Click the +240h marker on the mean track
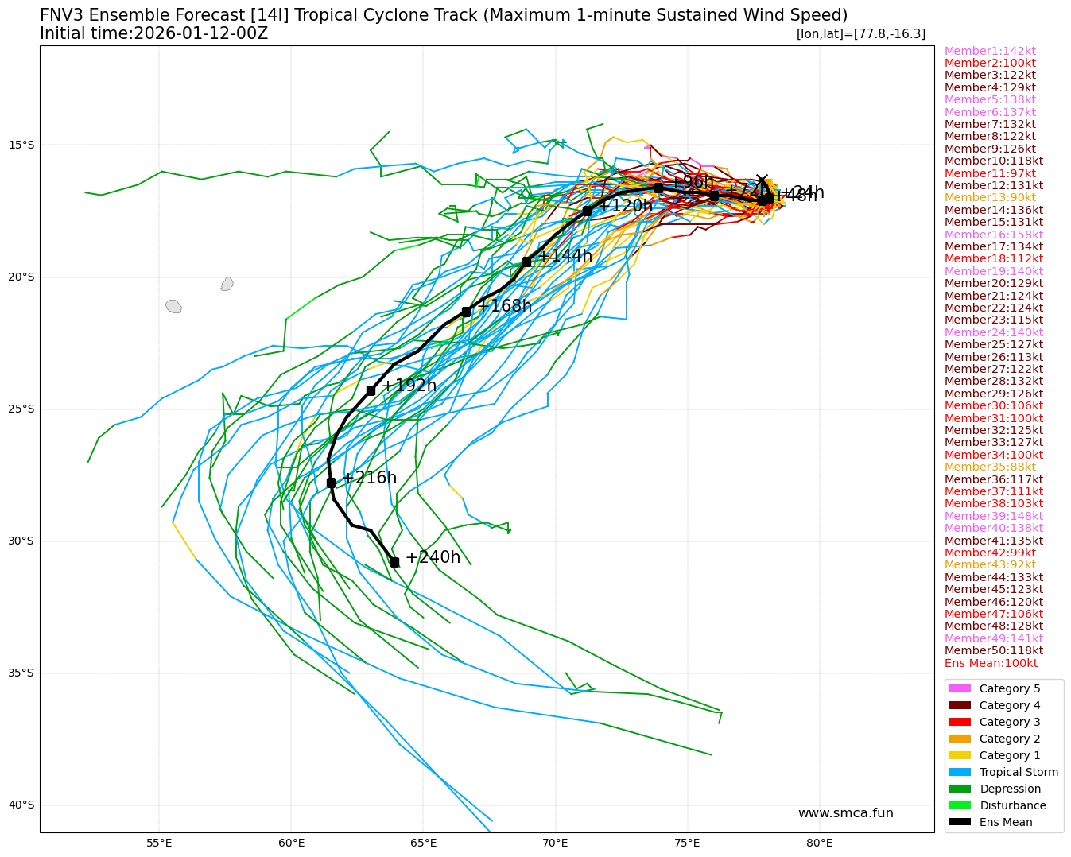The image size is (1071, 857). [x=394, y=562]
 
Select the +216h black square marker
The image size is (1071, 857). [x=331, y=483]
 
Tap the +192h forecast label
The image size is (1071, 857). [x=409, y=386]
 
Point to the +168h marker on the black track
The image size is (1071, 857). [x=466, y=312]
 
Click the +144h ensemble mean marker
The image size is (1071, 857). [x=526, y=262]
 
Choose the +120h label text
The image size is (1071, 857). [x=625, y=206]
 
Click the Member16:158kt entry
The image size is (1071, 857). [x=993, y=235]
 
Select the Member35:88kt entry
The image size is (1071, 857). [x=990, y=467]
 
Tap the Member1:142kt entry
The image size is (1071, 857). [x=990, y=51]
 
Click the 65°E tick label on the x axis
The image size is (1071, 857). [x=423, y=843]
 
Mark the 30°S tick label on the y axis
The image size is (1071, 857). [x=21, y=541]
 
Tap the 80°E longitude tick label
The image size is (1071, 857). [x=819, y=843]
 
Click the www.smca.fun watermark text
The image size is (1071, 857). [x=845, y=812]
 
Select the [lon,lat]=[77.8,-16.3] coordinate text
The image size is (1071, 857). [x=860, y=33]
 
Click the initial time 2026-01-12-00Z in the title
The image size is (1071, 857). [x=200, y=33]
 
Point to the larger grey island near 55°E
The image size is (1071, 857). [x=173, y=306]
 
